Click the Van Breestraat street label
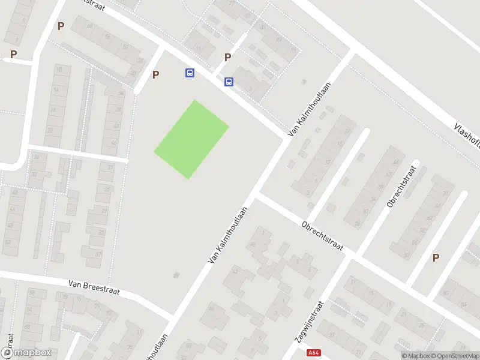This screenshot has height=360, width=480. (94, 287)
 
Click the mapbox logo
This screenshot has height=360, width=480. (26, 352)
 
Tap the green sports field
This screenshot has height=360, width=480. (192, 139)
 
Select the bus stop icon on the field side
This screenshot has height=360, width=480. (190, 73)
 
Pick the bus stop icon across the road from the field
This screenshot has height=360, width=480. (229, 82)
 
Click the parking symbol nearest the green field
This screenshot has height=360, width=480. (156, 75)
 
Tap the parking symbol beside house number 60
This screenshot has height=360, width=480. (60, 26)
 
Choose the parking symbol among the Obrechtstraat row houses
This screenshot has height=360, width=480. (436, 257)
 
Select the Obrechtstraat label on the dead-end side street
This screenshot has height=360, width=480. (401, 187)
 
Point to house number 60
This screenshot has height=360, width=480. (89, 26)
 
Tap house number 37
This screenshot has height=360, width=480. (97, 254)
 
